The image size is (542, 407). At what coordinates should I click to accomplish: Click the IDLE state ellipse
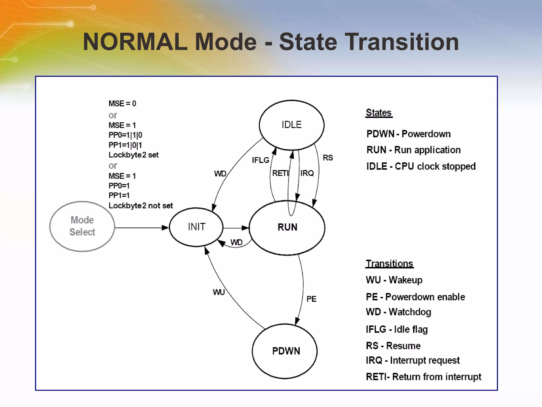pyautogui.click(x=291, y=125)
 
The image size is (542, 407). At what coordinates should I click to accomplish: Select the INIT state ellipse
pyautogui.click(x=196, y=227)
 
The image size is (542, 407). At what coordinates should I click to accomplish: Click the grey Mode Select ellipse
pyautogui.click(x=82, y=226)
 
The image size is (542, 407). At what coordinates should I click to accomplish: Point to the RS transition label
pyautogui.click(x=328, y=158)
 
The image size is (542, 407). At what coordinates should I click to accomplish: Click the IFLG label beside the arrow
pyautogui.click(x=260, y=160)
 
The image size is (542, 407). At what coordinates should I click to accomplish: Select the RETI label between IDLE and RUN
pyautogui.click(x=280, y=173)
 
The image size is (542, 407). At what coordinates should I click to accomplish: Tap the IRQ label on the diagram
pyautogui.click(x=307, y=173)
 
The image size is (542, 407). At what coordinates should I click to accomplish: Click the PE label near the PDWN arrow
pyautogui.click(x=311, y=299)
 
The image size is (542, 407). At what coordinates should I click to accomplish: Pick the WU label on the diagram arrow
pyautogui.click(x=219, y=292)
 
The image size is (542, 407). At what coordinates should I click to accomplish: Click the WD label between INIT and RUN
pyautogui.click(x=236, y=242)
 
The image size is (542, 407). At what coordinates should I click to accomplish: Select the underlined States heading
pyautogui.click(x=379, y=113)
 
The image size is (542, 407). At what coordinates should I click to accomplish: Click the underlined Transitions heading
pyautogui.click(x=389, y=264)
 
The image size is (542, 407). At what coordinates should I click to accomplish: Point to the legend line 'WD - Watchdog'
pyautogui.click(x=398, y=312)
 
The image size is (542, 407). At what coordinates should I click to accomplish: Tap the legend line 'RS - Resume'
pyautogui.click(x=393, y=346)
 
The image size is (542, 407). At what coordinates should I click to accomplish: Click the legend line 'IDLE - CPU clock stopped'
pyautogui.click(x=421, y=166)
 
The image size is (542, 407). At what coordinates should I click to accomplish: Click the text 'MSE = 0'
pyautogui.click(x=122, y=104)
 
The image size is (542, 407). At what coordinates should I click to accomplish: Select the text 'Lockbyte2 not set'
pyautogui.click(x=141, y=206)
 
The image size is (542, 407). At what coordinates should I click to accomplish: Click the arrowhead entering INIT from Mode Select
pyautogui.click(x=165, y=228)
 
